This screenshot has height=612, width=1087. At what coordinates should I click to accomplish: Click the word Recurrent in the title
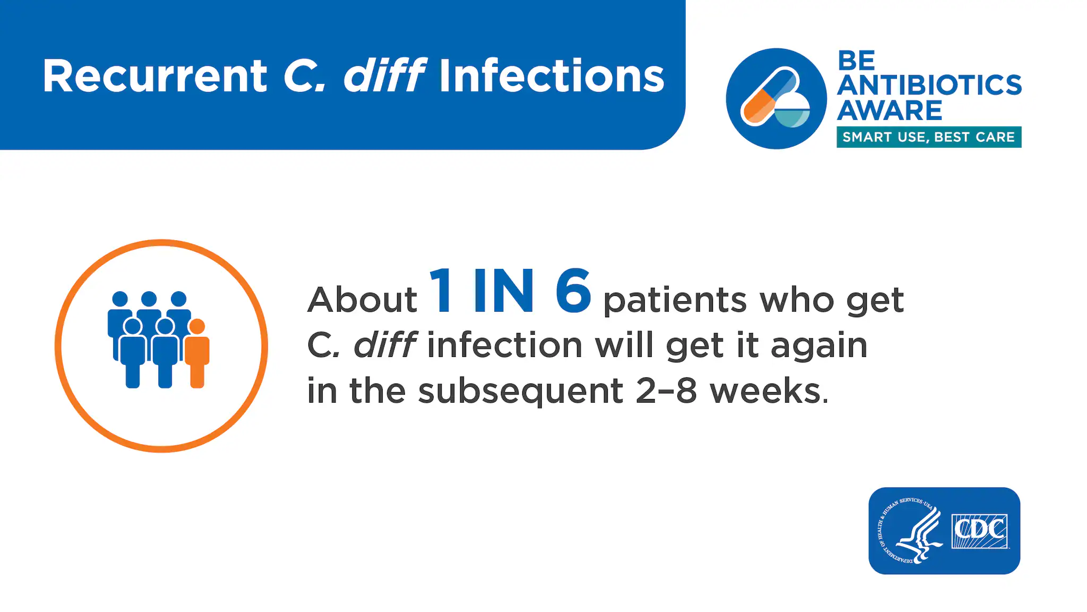click(155, 76)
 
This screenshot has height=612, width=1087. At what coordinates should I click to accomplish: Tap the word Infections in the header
click(551, 76)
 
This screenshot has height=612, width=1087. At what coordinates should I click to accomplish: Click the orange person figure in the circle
click(197, 353)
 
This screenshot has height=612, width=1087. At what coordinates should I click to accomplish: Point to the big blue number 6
click(573, 291)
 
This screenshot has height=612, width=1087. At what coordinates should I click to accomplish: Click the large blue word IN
click(503, 291)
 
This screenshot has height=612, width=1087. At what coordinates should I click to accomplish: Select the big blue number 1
click(442, 291)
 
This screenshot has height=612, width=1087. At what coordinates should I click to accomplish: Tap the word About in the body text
click(363, 300)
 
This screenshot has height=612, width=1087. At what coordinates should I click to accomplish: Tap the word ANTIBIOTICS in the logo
click(929, 85)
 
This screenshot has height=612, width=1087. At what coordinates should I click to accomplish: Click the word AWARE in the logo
click(890, 110)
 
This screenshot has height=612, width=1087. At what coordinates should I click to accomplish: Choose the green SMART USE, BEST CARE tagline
click(929, 137)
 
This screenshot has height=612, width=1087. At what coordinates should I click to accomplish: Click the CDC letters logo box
click(979, 531)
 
